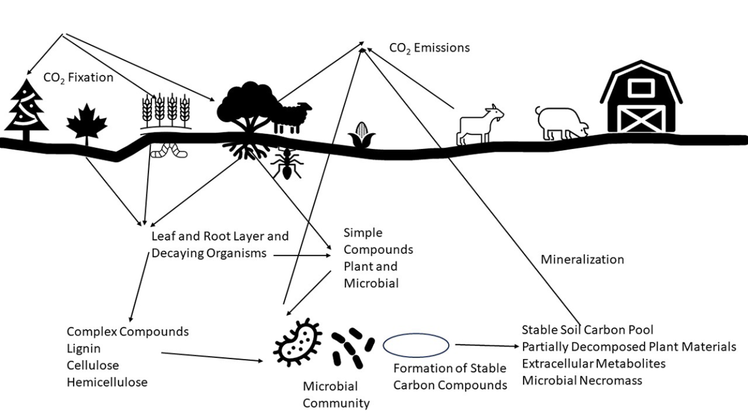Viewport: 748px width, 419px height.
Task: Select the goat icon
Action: [480, 122]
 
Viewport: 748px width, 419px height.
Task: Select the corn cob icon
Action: [362, 133]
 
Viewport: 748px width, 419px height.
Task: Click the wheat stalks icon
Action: [166, 111]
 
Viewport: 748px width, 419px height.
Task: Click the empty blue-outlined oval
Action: [415, 345]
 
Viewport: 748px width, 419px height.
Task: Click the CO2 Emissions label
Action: [429, 48]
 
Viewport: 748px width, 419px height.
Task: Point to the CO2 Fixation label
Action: [79, 78]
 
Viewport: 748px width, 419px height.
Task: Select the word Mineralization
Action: [582, 259]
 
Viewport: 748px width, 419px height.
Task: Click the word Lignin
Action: [84, 349]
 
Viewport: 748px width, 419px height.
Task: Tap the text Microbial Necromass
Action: [582, 380]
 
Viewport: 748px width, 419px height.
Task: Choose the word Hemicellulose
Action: [107, 382]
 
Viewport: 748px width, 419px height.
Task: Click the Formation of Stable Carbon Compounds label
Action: [450, 377]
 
